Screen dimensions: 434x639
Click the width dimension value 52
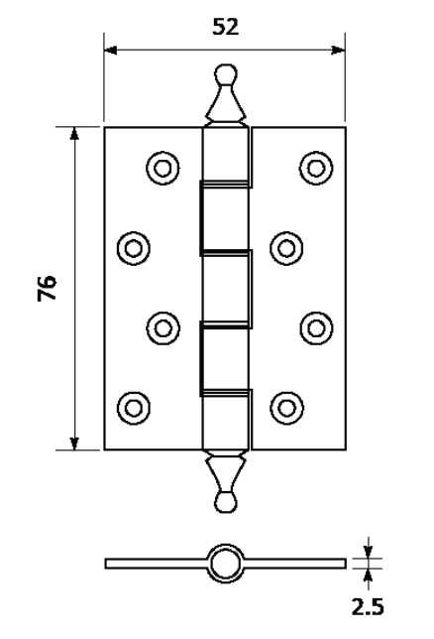[225, 27]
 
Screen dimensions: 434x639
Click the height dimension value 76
[48, 288]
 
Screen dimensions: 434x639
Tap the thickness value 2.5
[368, 607]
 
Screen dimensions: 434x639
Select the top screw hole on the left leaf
[163, 168]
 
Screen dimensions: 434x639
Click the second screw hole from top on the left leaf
[133, 248]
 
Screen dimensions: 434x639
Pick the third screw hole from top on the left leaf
[163, 328]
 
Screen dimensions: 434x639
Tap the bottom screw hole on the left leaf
[133, 408]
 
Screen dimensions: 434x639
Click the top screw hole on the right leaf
[316, 168]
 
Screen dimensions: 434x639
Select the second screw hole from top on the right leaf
[286, 248]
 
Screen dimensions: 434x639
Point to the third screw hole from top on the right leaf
[316, 328]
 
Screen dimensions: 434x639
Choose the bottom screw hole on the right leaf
[286, 408]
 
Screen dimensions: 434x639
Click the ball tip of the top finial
[226, 74]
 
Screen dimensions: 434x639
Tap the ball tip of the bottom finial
[226, 502]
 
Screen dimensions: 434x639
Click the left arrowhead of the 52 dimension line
[110, 51]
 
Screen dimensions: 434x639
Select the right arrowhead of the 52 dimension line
[338, 51]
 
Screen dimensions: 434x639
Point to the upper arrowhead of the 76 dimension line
[74, 134]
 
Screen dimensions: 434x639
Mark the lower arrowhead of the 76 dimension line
[74, 443]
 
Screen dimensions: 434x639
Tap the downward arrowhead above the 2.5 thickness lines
[368, 552]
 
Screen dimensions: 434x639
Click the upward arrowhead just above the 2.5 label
[368, 575]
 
